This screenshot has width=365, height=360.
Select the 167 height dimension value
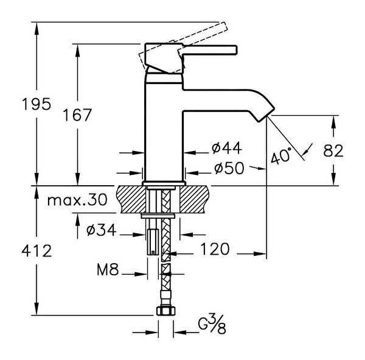coord(77,115)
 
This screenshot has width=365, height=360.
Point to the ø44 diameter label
coord(226,148)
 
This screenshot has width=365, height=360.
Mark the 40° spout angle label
coord(282,156)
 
